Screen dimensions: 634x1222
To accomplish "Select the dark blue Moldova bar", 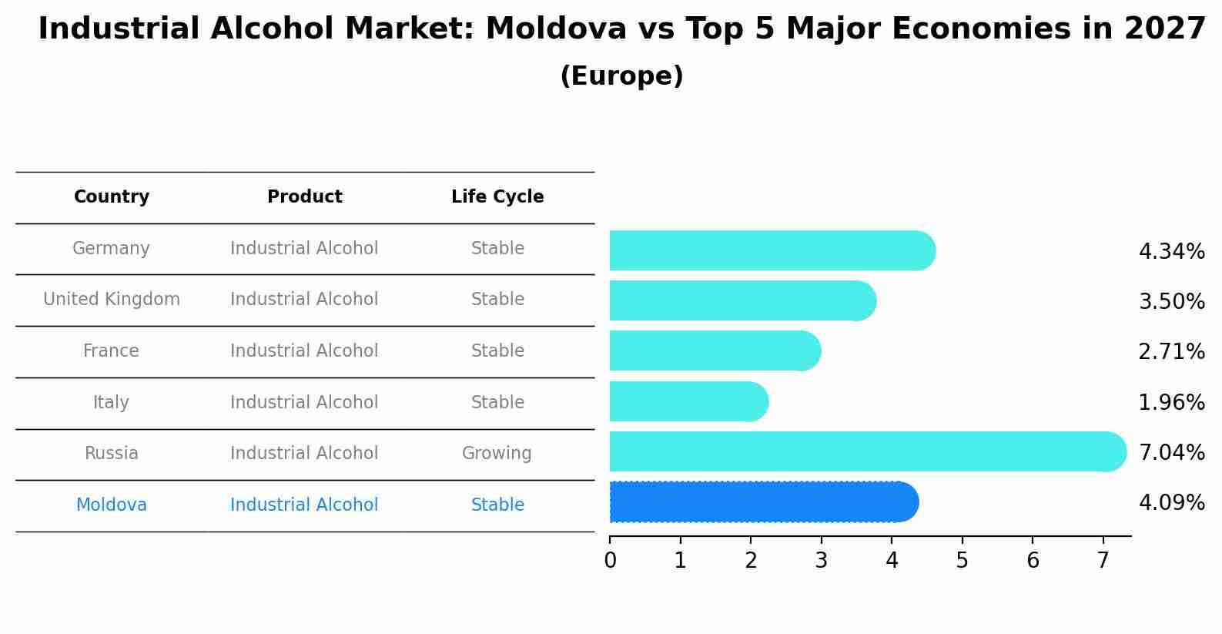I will [x=762, y=502].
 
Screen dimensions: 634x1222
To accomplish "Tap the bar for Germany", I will [x=770, y=250].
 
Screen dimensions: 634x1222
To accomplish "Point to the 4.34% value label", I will [x=1171, y=252].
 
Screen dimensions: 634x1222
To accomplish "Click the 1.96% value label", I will [x=1171, y=402].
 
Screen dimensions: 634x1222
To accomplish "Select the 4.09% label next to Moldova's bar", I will [x=1171, y=503].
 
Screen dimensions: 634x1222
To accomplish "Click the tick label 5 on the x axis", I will [x=962, y=561].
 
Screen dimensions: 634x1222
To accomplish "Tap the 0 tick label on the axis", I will [x=610, y=561].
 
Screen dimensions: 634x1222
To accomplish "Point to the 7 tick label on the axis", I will [x=1103, y=561].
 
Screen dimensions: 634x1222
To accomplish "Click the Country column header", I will [x=112, y=197].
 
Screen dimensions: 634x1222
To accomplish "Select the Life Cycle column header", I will [x=497, y=197].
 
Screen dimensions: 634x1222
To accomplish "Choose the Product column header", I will [x=304, y=197].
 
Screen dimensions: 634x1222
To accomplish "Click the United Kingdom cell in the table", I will [x=112, y=300].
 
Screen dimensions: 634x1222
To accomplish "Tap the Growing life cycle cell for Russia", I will [x=497, y=454].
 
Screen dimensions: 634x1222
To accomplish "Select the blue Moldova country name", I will [x=112, y=505].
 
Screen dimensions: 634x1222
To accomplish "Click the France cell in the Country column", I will [x=111, y=351].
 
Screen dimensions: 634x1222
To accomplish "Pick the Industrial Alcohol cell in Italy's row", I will [x=304, y=403].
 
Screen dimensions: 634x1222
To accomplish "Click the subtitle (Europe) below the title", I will [x=621, y=76].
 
